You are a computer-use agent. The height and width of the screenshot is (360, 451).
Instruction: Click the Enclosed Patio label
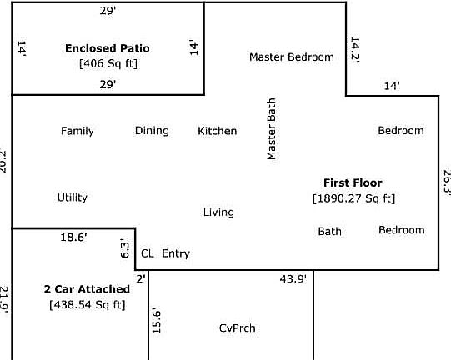pos(108,48)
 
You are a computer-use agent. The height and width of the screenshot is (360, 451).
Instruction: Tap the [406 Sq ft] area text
pos(108,62)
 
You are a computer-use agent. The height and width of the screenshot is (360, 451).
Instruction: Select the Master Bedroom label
pos(292,57)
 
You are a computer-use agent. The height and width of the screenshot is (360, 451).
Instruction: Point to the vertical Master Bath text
pos(271,128)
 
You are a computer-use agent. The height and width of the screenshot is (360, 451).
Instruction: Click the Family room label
pos(78,131)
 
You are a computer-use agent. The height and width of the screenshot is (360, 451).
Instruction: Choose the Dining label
pos(152,131)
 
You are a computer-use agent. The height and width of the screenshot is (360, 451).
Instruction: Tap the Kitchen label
pos(217,131)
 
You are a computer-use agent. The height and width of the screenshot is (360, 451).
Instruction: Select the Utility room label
pos(73,197)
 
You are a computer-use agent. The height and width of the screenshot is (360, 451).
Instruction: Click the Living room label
pos(218,212)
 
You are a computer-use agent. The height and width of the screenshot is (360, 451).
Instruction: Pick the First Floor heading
pos(353,182)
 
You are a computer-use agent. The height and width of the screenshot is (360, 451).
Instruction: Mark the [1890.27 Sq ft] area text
pos(353,198)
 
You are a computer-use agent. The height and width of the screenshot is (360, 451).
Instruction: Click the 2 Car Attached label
pos(87,289)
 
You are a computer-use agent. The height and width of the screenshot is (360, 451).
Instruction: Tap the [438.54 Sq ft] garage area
pos(87,304)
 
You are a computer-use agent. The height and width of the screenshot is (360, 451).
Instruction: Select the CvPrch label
pos(237,327)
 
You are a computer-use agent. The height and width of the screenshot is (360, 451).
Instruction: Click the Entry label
pos(176,253)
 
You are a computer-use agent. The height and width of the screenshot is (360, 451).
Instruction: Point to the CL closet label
pos(148,253)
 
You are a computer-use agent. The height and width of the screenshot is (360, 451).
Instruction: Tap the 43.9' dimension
pos(293,278)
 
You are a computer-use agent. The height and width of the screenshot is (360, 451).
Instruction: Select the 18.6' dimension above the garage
pos(73,237)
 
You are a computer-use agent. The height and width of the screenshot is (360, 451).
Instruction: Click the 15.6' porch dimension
pos(156,321)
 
